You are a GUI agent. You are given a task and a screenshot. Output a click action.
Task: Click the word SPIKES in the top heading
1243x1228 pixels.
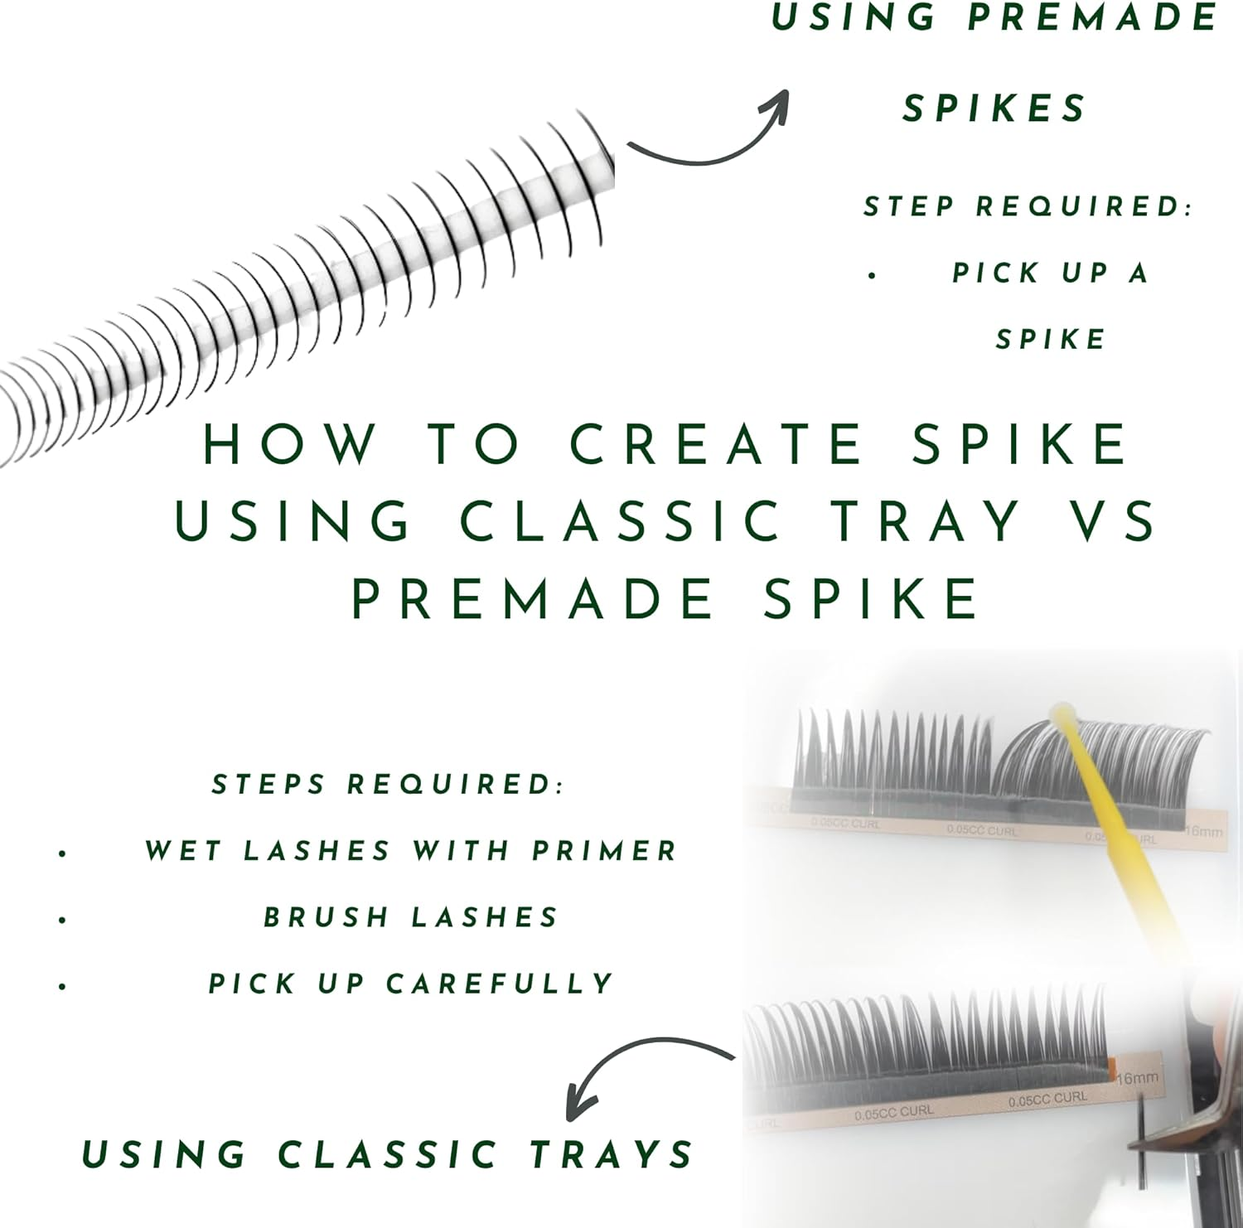point(994,109)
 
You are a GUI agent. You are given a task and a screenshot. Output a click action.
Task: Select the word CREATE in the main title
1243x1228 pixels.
point(717,444)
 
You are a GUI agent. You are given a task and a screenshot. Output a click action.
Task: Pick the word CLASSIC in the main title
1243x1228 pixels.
point(621,521)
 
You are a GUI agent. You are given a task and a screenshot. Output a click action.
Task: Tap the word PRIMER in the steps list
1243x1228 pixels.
point(605,851)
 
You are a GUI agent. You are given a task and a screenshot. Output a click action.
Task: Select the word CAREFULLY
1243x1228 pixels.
point(500,984)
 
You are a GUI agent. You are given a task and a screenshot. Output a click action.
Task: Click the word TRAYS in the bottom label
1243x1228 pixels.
point(612,1154)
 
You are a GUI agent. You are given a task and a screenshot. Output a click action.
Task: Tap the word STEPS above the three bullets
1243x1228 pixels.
point(268,784)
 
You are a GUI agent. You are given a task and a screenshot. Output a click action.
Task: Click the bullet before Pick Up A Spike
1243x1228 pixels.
point(872,274)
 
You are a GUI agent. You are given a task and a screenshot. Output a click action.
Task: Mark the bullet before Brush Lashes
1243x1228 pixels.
point(63,919)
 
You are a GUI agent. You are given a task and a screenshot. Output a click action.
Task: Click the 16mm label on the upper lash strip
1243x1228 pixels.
point(1203,830)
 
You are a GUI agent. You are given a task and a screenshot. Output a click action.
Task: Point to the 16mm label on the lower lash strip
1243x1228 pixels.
point(1138,1078)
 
